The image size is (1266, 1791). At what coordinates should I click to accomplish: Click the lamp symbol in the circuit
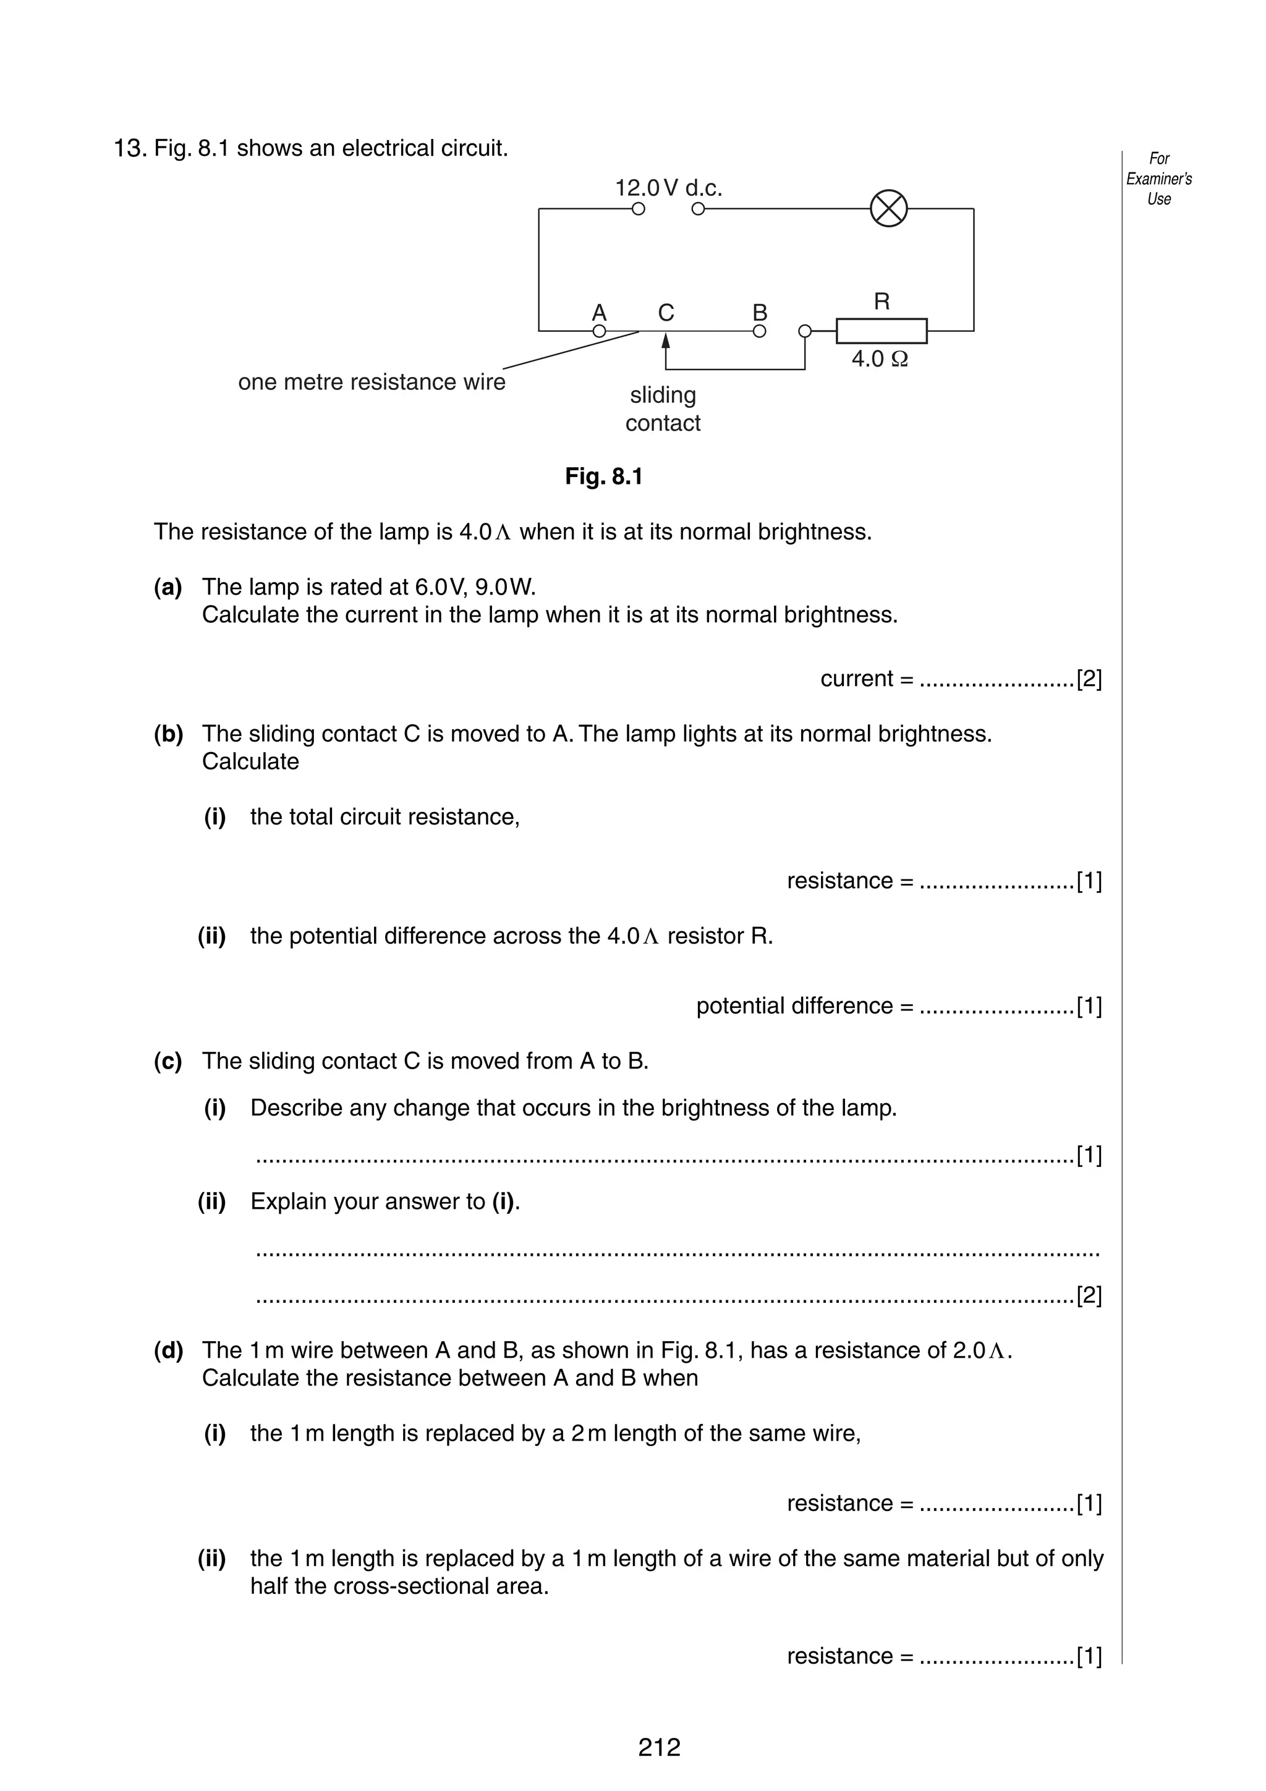tap(888, 209)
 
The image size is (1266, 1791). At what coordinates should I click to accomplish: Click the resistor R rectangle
tap(882, 331)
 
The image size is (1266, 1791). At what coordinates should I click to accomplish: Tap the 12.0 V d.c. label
tap(668, 188)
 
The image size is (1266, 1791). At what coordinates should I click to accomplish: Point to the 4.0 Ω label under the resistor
tap(879, 359)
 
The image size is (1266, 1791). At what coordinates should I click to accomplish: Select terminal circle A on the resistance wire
tap(599, 331)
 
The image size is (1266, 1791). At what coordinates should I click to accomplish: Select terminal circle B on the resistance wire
tap(759, 331)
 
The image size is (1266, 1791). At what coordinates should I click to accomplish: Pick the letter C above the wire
tap(665, 312)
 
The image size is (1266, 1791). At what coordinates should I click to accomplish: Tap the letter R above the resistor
tap(882, 301)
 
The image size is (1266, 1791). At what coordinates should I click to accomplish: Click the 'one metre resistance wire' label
tap(372, 382)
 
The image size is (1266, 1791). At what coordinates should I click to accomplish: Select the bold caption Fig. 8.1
tap(604, 476)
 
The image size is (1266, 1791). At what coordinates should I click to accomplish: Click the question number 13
tap(129, 148)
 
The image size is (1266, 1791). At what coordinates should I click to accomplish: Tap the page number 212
tap(659, 1747)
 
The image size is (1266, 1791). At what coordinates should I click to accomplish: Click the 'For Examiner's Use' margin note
tap(1158, 179)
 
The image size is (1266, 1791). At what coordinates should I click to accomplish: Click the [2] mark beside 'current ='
tap(1089, 679)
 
